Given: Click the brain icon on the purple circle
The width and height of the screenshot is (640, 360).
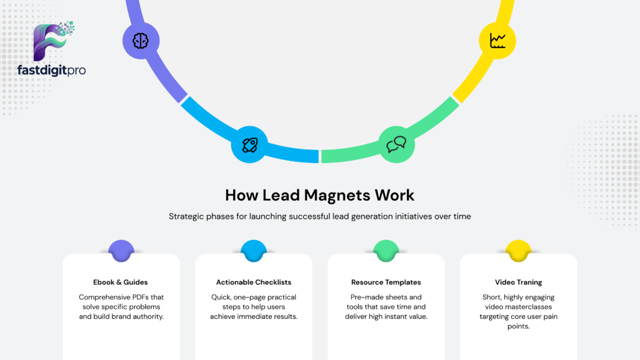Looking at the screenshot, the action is pos(141,41).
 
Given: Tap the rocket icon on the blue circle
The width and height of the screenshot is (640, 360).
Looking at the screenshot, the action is pos(250,145).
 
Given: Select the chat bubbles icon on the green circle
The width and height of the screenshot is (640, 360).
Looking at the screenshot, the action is pos(396,144).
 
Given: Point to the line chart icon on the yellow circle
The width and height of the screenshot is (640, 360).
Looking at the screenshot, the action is pos(497,41).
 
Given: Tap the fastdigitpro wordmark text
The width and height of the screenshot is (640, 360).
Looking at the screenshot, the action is pos(51,70).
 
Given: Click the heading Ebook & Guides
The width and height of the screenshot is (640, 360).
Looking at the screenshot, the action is pos(121,282).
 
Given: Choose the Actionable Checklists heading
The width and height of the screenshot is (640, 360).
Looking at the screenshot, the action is pos(254,282).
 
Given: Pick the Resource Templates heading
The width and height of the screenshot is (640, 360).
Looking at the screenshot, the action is pos(386,282).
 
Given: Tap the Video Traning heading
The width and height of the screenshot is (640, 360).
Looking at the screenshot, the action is pos(518,282).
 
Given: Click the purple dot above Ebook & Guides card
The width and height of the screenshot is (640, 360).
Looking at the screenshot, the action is pos(121,251).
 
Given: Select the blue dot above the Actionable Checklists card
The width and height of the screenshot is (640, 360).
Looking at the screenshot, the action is pos(254,251).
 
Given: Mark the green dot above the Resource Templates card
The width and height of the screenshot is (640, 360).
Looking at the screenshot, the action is pos(386,251).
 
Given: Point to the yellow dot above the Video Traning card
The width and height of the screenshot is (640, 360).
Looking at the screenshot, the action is pos(518,251).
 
